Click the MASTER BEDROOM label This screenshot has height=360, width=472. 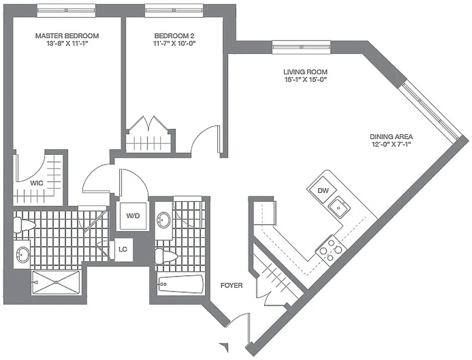click(x=67, y=36)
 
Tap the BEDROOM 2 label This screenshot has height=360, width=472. click(x=174, y=36)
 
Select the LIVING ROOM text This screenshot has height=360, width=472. click(x=305, y=72)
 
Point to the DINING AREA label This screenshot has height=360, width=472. click(x=391, y=137)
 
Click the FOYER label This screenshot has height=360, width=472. click(x=232, y=285)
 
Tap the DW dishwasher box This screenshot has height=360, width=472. click(x=323, y=190)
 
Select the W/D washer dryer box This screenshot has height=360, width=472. click(x=133, y=216)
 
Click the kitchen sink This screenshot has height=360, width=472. click(x=339, y=208)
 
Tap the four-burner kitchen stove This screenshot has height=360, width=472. click(x=331, y=250)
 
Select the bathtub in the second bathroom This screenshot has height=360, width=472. click(x=181, y=284)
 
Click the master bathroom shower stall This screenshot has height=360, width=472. click(x=56, y=282)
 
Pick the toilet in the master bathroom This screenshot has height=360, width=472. click(x=23, y=225)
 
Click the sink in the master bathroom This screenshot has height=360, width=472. click(x=22, y=254)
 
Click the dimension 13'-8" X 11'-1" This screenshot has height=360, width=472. click(x=67, y=44)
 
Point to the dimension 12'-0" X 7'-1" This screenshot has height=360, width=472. click(x=391, y=144)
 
